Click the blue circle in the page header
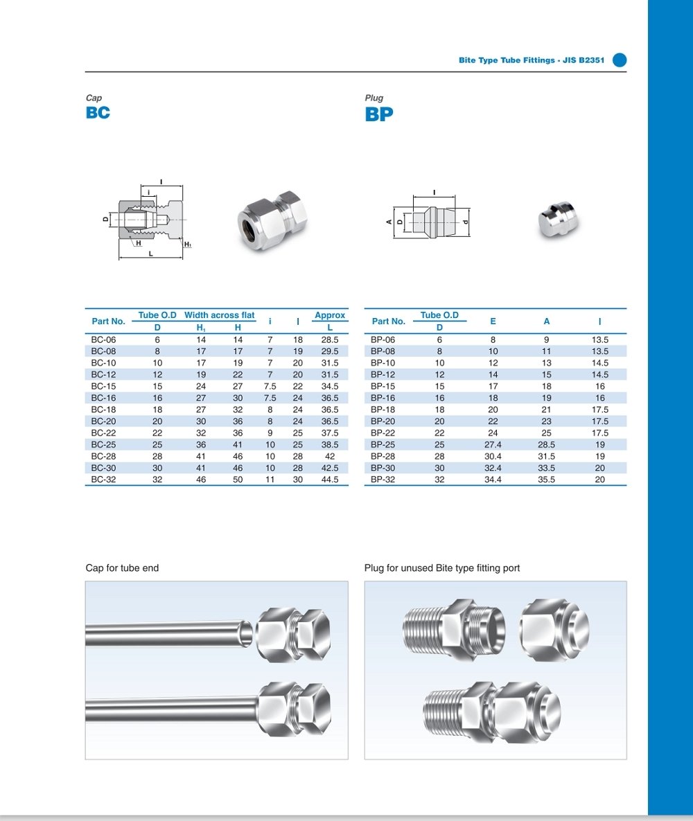(x=620, y=60)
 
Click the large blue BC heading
(x=98, y=113)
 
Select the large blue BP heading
(x=379, y=114)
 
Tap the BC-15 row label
(x=103, y=386)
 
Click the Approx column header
(x=330, y=315)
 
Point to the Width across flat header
(x=219, y=315)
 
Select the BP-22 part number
(x=383, y=433)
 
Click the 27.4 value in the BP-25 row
(x=493, y=445)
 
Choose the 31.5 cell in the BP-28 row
(x=547, y=457)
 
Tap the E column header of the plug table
(x=493, y=321)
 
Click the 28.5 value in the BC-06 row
(x=330, y=340)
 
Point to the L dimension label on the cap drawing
(x=150, y=254)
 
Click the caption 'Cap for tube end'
(x=122, y=568)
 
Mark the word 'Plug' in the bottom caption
(x=374, y=568)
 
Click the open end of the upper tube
(x=245, y=631)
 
